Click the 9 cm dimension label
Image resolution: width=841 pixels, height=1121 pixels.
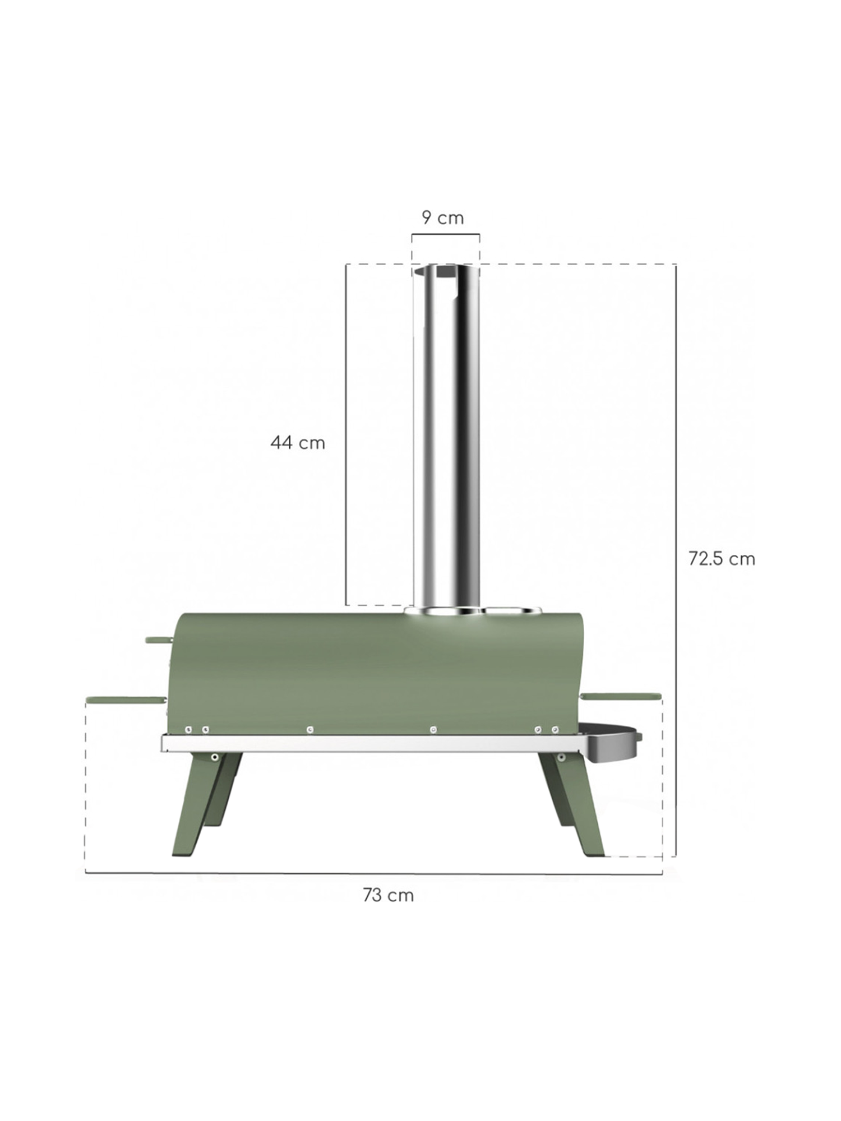443,217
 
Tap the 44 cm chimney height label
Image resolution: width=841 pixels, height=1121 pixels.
298,443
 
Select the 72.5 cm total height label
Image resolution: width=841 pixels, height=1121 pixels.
722,559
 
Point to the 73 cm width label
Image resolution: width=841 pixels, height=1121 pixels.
388,895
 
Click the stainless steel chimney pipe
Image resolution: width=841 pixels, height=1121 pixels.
446,437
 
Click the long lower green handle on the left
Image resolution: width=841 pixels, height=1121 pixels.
126,700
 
